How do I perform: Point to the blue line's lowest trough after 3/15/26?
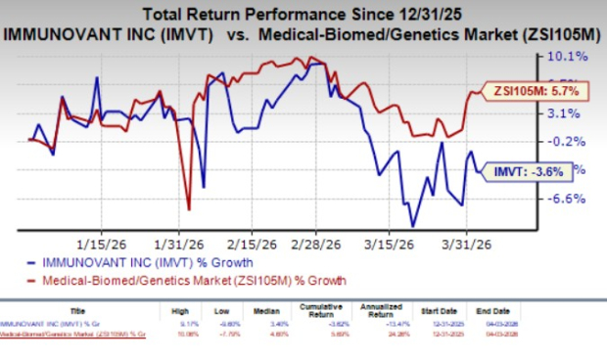pyautogui.click(x=413, y=226)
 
